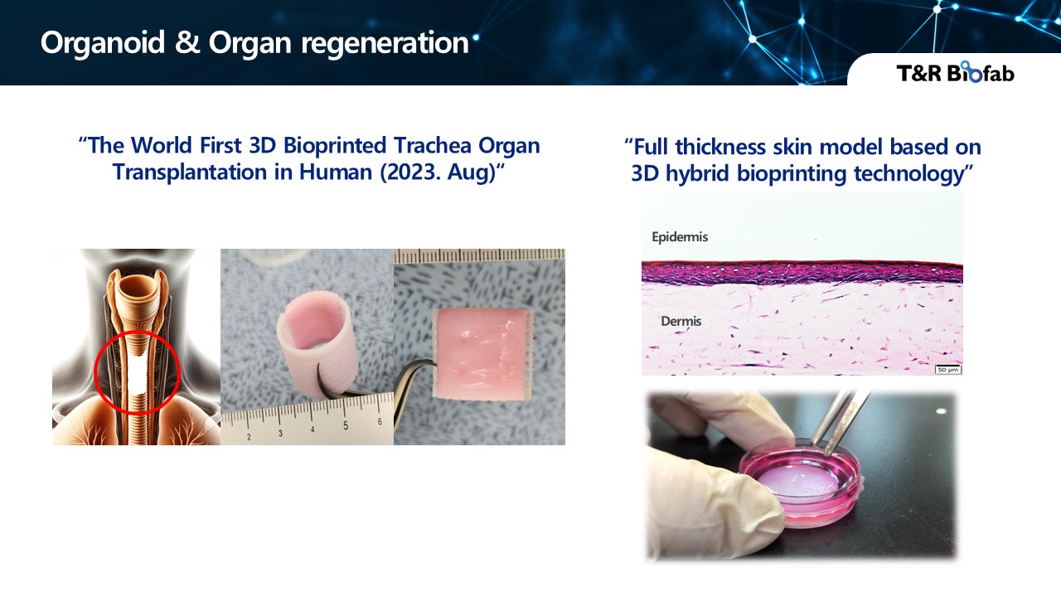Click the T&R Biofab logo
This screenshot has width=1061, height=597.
(x=955, y=72)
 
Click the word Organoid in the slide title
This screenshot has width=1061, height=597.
(x=103, y=42)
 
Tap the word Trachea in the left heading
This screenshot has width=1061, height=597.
(x=432, y=145)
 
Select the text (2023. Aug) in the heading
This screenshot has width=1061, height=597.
(x=438, y=172)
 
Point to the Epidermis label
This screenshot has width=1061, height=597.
(x=680, y=237)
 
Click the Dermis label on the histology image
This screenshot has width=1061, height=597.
(x=681, y=321)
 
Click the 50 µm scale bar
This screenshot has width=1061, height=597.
(x=947, y=369)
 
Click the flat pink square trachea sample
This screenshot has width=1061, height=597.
(x=482, y=356)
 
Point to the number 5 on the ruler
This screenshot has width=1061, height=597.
(x=346, y=426)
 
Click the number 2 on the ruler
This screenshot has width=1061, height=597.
(x=250, y=437)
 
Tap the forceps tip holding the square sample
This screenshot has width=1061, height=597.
(x=430, y=364)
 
